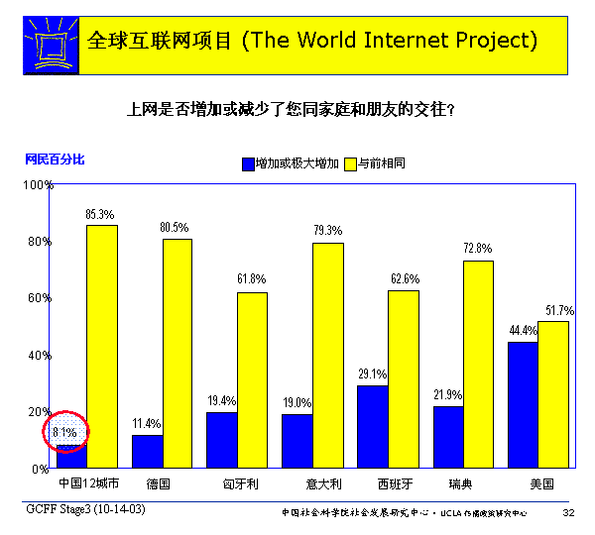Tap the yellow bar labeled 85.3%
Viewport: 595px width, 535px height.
tap(101, 346)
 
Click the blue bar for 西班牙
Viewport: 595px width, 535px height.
tap(373, 426)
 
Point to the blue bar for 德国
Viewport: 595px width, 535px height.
tap(147, 451)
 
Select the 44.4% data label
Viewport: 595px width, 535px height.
tap(523, 330)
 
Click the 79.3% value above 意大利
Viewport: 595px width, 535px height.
tap(327, 230)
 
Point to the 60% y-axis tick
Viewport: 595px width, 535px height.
tap(38, 298)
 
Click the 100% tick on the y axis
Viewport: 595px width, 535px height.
tap(37, 185)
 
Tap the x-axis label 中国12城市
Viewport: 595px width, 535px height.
tap(88, 483)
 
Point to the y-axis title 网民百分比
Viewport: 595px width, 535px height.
tap(55, 158)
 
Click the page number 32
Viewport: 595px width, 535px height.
tap(568, 512)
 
